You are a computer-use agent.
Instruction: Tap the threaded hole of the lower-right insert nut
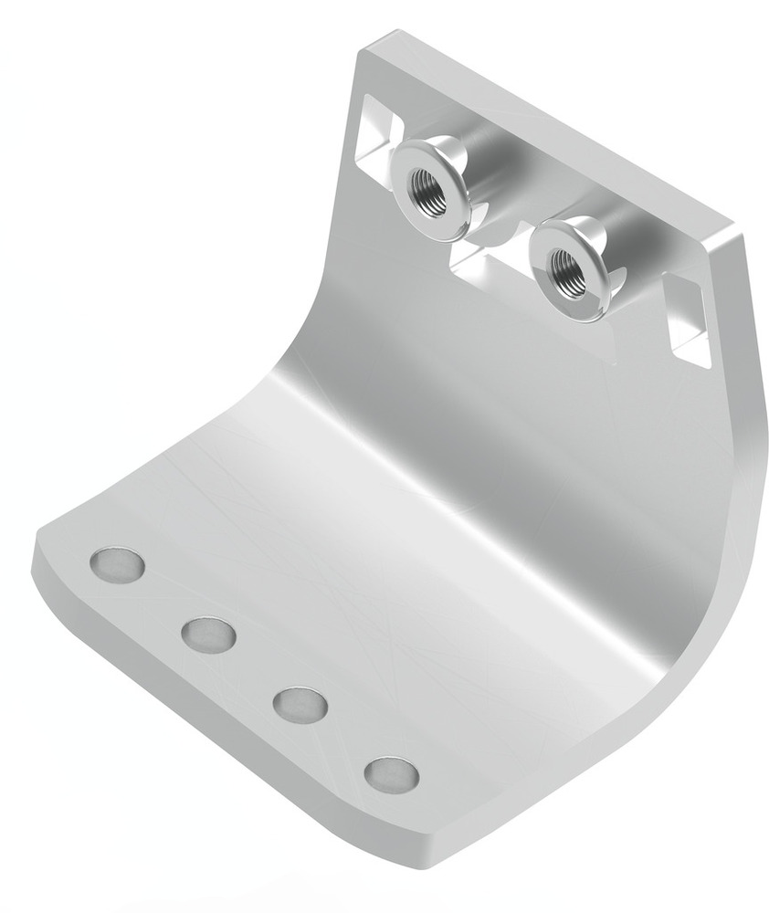(x=564, y=267)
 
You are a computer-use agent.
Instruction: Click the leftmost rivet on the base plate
(x=117, y=565)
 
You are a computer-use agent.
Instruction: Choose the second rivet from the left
(x=208, y=635)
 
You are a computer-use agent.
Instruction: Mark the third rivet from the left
(x=300, y=704)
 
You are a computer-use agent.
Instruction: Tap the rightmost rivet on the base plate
(x=392, y=774)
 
